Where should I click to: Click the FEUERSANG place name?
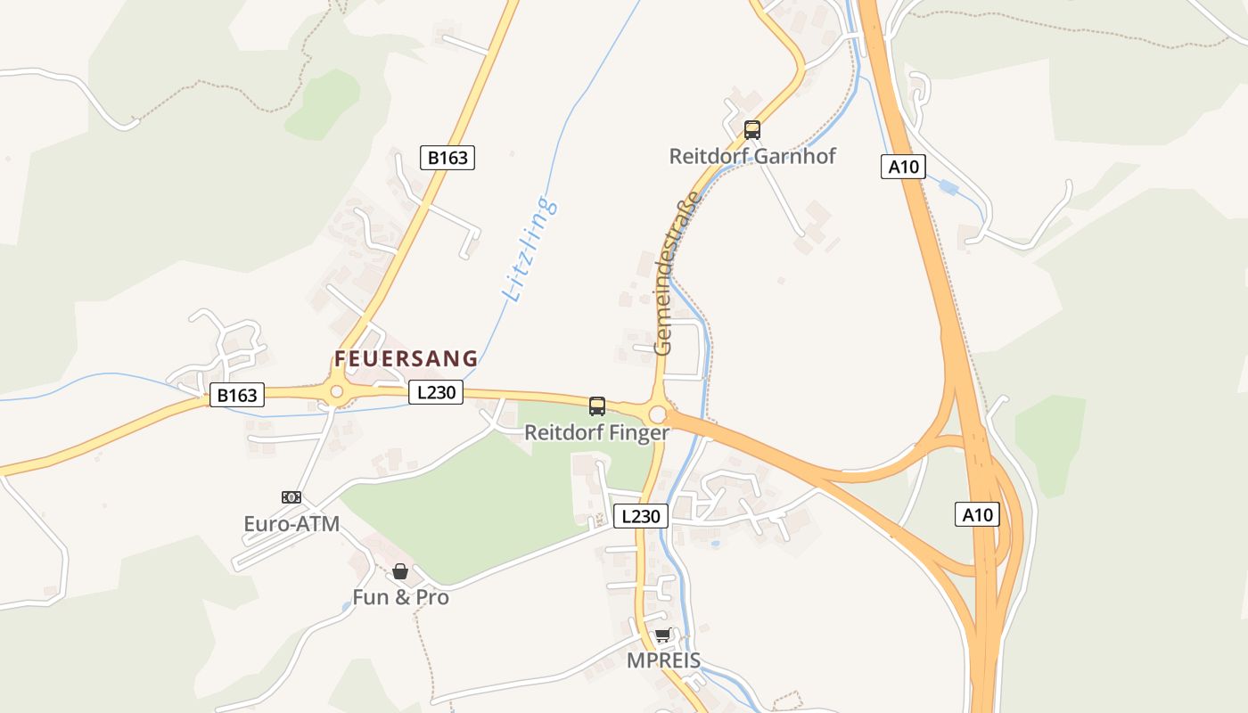click(x=406, y=359)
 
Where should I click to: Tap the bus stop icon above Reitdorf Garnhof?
click(x=752, y=130)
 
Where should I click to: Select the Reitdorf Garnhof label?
click(x=752, y=157)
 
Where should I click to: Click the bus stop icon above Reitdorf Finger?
click(x=597, y=406)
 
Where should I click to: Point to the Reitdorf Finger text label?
click(x=596, y=433)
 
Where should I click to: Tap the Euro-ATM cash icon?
click(x=291, y=497)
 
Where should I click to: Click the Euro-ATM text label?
click(x=291, y=524)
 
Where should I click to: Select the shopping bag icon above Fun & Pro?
click(x=400, y=570)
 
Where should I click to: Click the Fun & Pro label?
click(x=400, y=597)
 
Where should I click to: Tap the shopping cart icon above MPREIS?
click(x=662, y=635)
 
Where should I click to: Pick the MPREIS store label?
click(x=662, y=661)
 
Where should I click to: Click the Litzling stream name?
click(x=530, y=249)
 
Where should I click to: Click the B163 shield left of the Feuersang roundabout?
click(x=237, y=396)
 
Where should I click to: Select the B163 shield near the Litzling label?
click(x=447, y=158)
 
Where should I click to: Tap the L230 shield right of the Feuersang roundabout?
click(x=436, y=392)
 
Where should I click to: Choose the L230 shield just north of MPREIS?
click(x=641, y=516)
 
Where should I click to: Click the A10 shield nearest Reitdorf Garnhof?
click(x=904, y=167)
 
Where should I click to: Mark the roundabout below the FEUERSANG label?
click(x=336, y=391)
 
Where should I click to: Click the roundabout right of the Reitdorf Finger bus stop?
click(x=658, y=414)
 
